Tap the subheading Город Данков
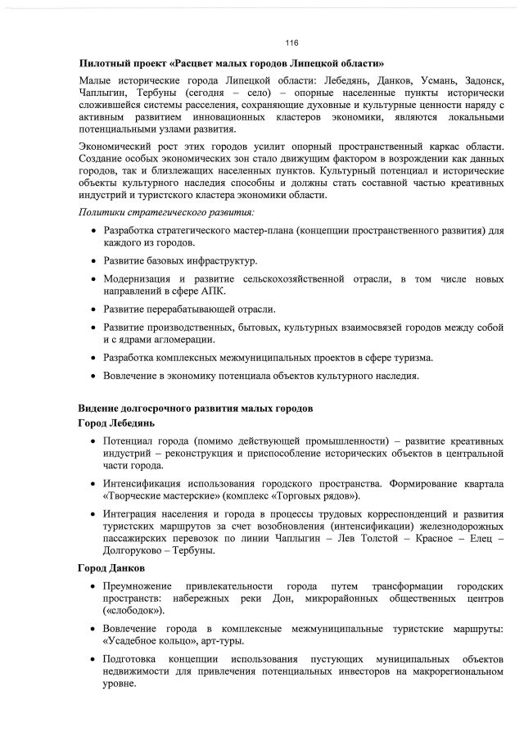pyautogui.click(x=111, y=569)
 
